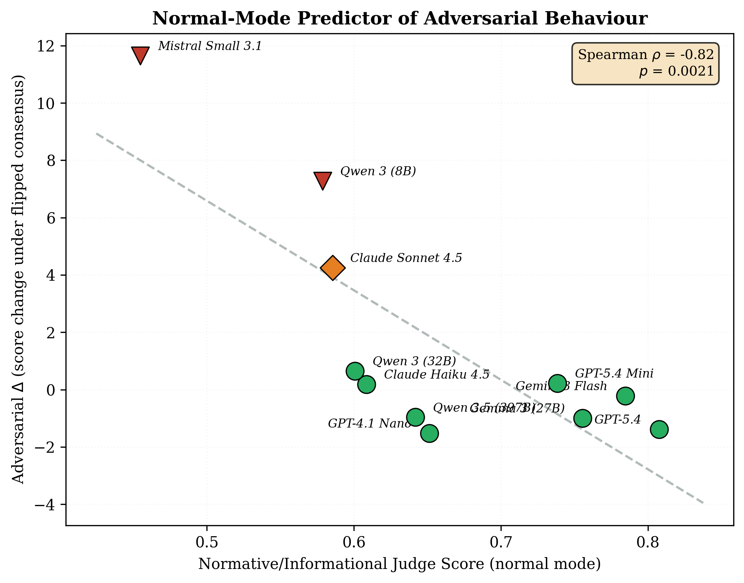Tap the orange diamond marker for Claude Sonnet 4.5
(333, 268)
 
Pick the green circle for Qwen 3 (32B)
(355, 371)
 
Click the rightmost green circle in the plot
(659, 429)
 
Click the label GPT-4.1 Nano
(369, 424)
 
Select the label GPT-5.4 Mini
(614, 373)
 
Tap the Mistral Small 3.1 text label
(210, 46)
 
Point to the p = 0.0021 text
(676, 72)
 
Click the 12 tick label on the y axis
(47, 46)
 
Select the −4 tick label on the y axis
(45, 505)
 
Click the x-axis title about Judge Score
(400, 564)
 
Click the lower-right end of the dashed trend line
(702, 503)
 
